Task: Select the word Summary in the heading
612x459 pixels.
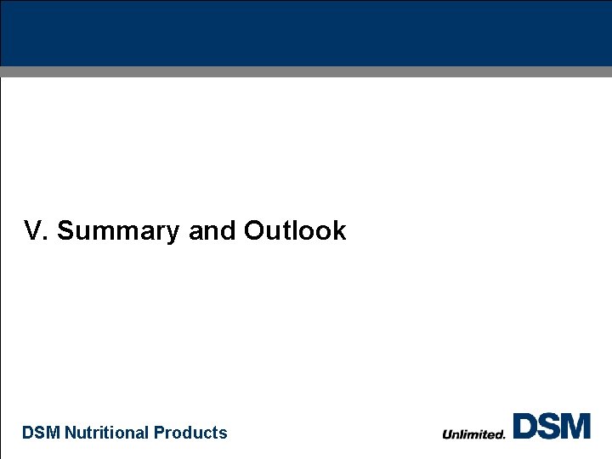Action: click(118, 231)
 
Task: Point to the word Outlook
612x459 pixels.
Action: click(295, 231)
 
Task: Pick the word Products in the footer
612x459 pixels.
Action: click(191, 433)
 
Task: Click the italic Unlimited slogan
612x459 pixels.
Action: click(473, 434)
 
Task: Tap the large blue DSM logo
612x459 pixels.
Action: click(552, 426)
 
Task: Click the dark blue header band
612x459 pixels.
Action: click(306, 33)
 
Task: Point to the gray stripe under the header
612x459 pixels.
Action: click(306, 71)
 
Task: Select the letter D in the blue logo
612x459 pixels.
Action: click(524, 426)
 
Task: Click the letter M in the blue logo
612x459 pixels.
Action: click(576, 426)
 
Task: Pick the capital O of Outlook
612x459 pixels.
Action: click(254, 231)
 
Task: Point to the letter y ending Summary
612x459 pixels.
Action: click(173, 233)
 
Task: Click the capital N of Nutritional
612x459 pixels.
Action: click(71, 433)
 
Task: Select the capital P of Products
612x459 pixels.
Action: click(160, 433)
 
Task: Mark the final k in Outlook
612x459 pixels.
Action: click(340, 231)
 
